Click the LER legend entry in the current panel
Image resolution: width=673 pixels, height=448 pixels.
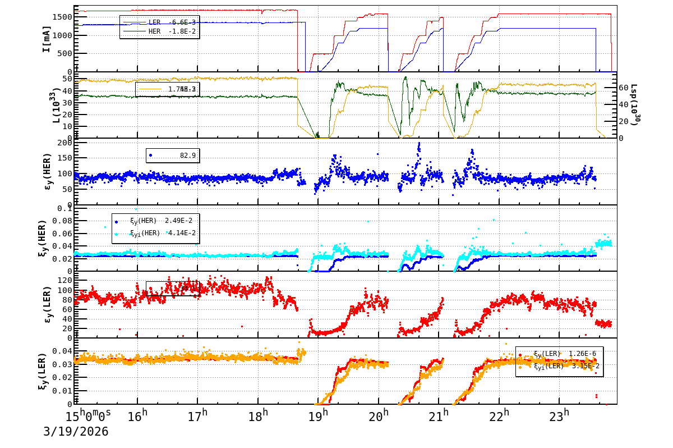point(159,22)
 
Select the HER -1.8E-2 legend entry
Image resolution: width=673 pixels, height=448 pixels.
point(159,31)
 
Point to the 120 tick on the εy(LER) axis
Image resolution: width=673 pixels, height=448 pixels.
point(63,280)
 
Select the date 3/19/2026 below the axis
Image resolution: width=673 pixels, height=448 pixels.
point(76,432)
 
